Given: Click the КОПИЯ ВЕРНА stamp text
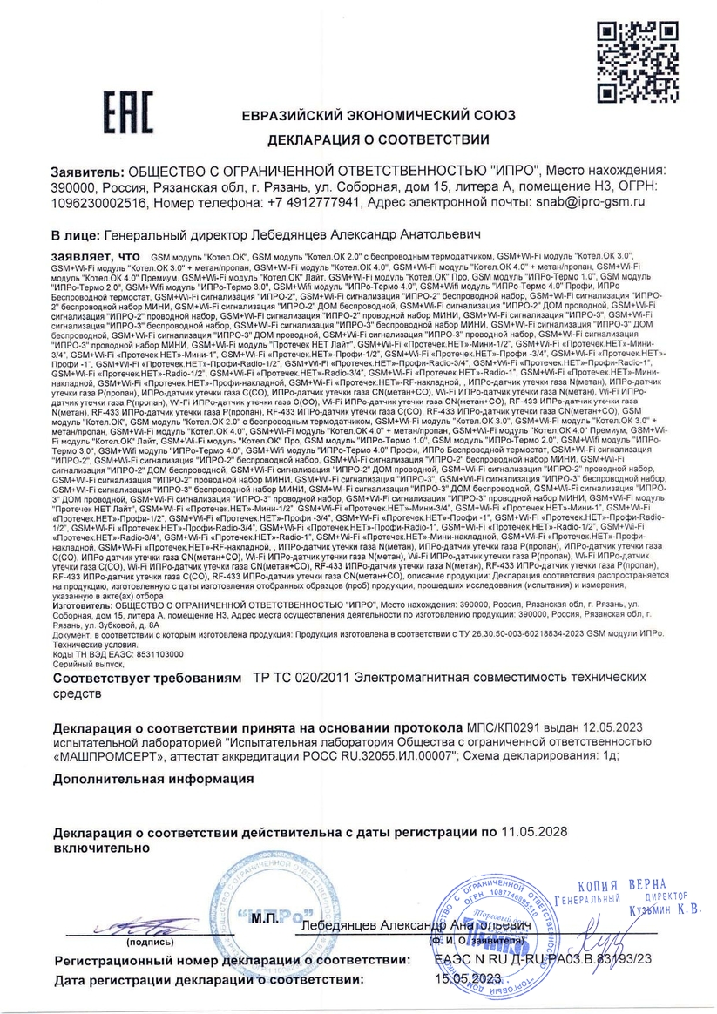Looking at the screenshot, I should pos(626,885).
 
